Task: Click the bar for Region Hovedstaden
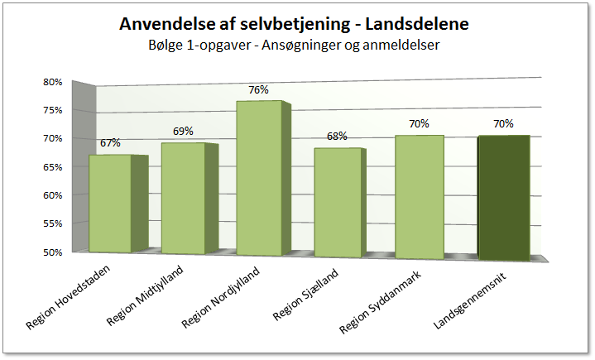(x=110, y=204)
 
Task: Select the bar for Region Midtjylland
(x=183, y=199)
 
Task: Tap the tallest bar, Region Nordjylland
(x=259, y=179)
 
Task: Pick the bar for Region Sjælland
(x=338, y=202)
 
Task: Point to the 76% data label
(x=259, y=90)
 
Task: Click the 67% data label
(x=110, y=143)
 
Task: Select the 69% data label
(x=183, y=131)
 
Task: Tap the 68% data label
(x=337, y=137)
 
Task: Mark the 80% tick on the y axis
(x=53, y=82)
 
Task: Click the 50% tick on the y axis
(x=53, y=252)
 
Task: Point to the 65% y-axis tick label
(x=53, y=167)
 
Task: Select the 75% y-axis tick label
(x=53, y=110)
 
